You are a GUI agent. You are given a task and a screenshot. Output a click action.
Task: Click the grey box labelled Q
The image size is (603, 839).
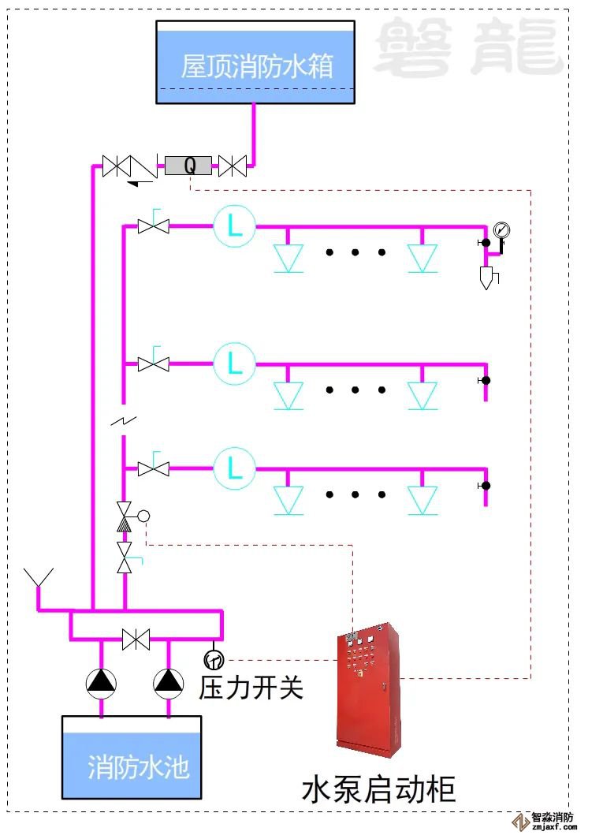(x=188, y=166)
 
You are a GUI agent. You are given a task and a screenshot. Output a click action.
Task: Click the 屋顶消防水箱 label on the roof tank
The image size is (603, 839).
(x=257, y=65)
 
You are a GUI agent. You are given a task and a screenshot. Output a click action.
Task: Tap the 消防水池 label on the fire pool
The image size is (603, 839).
(x=139, y=766)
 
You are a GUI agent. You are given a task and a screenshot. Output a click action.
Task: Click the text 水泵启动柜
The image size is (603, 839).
(x=378, y=789)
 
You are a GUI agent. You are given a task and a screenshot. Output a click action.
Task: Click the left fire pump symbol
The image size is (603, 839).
(x=101, y=683)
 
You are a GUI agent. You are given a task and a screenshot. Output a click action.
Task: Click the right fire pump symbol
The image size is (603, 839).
(x=168, y=683)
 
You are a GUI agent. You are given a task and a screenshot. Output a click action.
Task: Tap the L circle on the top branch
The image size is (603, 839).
(x=234, y=226)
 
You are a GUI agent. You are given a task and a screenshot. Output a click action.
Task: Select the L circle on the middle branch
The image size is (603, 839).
(x=234, y=364)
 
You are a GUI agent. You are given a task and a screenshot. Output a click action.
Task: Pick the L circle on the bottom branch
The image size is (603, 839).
(x=234, y=468)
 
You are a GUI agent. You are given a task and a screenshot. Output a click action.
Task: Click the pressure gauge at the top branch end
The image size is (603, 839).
(x=501, y=230)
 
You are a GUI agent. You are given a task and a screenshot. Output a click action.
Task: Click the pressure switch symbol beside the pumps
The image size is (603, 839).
(x=213, y=658)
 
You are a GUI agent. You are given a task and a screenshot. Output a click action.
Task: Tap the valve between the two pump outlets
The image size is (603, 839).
(x=136, y=640)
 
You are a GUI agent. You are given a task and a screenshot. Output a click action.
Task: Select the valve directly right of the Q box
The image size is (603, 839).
(x=233, y=166)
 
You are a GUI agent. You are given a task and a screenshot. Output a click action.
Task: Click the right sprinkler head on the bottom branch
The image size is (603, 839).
(x=422, y=498)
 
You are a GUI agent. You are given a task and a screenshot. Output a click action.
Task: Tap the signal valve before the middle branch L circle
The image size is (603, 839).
(x=154, y=364)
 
